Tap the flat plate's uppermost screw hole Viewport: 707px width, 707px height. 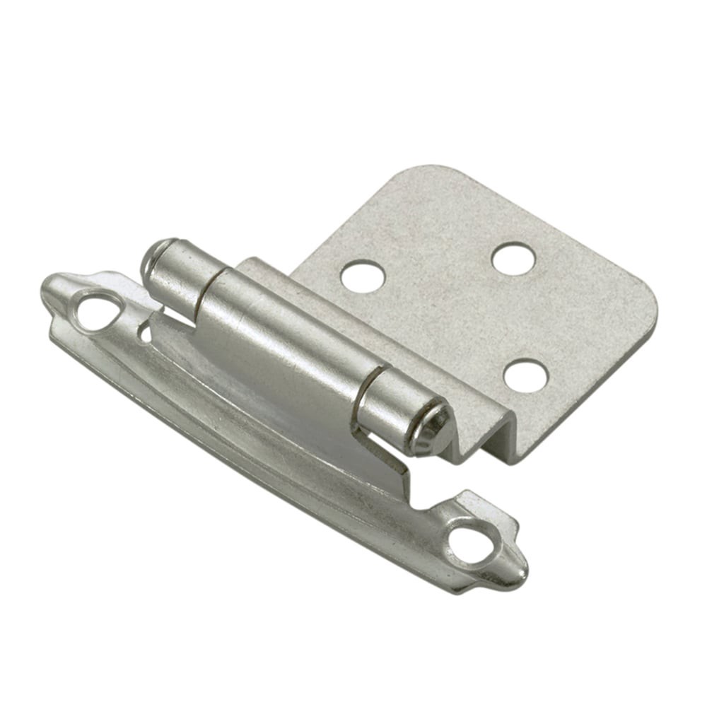tap(513, 259)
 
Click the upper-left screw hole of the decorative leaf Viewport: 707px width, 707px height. tap(97, 312)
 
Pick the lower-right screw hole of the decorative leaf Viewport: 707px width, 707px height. tap(469, 545)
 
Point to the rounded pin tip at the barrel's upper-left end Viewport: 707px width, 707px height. tap(151, 259)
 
